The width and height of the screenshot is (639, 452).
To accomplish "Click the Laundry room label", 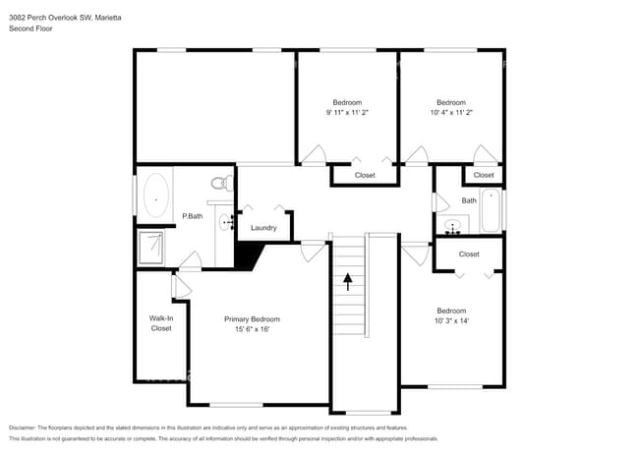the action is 263,228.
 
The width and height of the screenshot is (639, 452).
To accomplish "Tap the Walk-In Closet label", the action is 161,323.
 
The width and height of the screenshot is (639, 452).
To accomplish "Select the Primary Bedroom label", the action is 252,319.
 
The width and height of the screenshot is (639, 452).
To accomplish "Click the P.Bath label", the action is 193,216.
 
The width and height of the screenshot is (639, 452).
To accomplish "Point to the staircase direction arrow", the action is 348,282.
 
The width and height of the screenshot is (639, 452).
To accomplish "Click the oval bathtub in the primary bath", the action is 155,196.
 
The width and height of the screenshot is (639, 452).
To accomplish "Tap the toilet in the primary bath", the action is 222,183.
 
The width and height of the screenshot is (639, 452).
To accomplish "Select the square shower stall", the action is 151,248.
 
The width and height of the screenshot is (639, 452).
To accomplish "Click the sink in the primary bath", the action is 226,222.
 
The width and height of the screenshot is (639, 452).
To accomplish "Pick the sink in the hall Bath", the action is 453,226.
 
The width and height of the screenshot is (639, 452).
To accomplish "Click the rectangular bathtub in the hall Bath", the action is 492,210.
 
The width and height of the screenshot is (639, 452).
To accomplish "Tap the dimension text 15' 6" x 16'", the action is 252,329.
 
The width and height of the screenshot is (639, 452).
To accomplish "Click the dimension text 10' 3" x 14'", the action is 451,320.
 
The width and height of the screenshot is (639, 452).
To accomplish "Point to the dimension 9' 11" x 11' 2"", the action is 347,112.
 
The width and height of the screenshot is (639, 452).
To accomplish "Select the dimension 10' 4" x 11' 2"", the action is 451,112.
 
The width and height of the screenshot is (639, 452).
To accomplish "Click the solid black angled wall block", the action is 249,255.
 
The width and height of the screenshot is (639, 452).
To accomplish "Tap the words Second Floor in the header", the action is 30,28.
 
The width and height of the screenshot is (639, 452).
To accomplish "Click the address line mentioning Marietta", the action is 65,18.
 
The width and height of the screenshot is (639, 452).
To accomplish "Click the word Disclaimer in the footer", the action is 23,427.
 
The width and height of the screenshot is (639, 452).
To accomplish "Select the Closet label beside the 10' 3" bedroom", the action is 469,254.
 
